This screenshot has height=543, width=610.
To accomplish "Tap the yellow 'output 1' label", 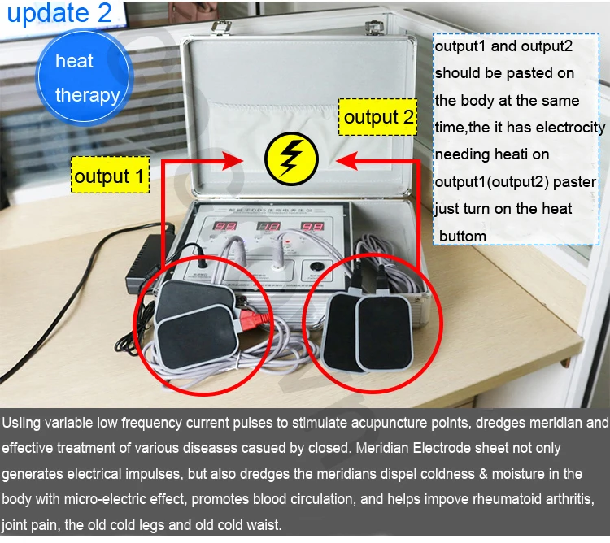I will coord(109,176).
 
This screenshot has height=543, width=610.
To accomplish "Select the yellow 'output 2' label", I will coord(378,117).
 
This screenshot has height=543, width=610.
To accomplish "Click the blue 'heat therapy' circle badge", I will coord(85,78).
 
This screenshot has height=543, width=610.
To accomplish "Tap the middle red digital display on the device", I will coord(269,228).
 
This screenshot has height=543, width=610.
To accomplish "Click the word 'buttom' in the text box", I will coord(463,237).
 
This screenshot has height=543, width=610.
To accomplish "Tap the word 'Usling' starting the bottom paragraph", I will coord(24,423).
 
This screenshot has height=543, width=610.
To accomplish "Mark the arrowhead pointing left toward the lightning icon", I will coord(345,160).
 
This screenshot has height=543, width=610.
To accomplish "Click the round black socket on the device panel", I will coord(202,265).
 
